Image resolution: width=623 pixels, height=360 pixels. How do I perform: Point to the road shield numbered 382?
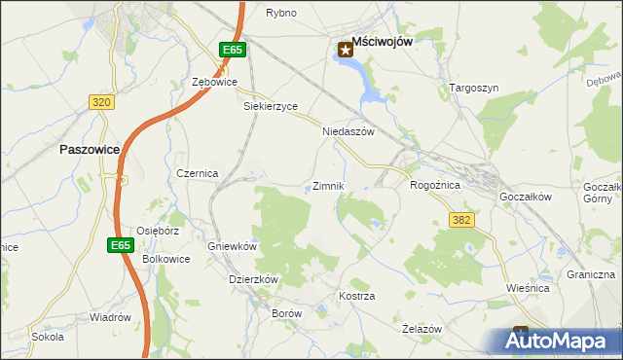point(461,220)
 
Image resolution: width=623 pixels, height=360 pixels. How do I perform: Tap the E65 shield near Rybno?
point(231,50)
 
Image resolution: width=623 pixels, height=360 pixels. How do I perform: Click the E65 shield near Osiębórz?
point(120,245)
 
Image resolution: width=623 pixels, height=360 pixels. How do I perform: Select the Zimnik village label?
point(327,186)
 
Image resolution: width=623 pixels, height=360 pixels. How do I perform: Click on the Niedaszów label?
point(348,131)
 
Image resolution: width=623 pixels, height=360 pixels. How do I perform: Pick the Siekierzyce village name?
point(270,107)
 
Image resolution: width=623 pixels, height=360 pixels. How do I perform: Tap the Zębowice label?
point(215,82)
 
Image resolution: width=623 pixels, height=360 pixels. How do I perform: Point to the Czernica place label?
point(197,172)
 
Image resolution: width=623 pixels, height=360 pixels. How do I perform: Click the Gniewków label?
point(232,246)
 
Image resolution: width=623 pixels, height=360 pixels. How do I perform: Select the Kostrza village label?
point(356,295)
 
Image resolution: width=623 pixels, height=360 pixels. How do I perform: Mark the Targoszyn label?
point(474,88)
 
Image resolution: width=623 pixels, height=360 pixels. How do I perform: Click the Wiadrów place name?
point(110,317)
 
